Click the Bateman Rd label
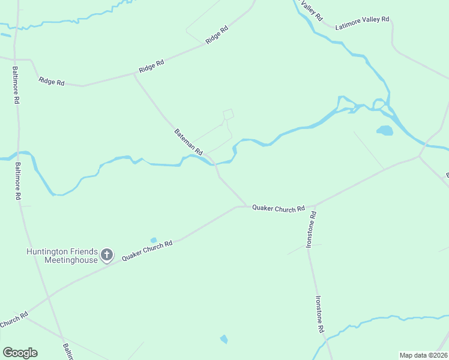click(189, 140)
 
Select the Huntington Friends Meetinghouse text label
click(62, 256)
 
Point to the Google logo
click(20, 352)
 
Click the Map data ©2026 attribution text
click(423, 355)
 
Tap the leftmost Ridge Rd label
click(51, 81)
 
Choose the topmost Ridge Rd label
click(217, 34)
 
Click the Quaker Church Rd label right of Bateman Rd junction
click(279, 208)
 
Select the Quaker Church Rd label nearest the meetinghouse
click(147, 250)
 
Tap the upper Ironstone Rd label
click(310, 229)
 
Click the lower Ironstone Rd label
click(319, 314)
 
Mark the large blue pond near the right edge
click(384, 130)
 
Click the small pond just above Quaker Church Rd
click(154, 240)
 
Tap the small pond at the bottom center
click(224, 339)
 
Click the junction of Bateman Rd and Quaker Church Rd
click(247, 206)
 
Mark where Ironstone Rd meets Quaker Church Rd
click(314, 206)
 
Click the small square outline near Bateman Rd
click(228, 114)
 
